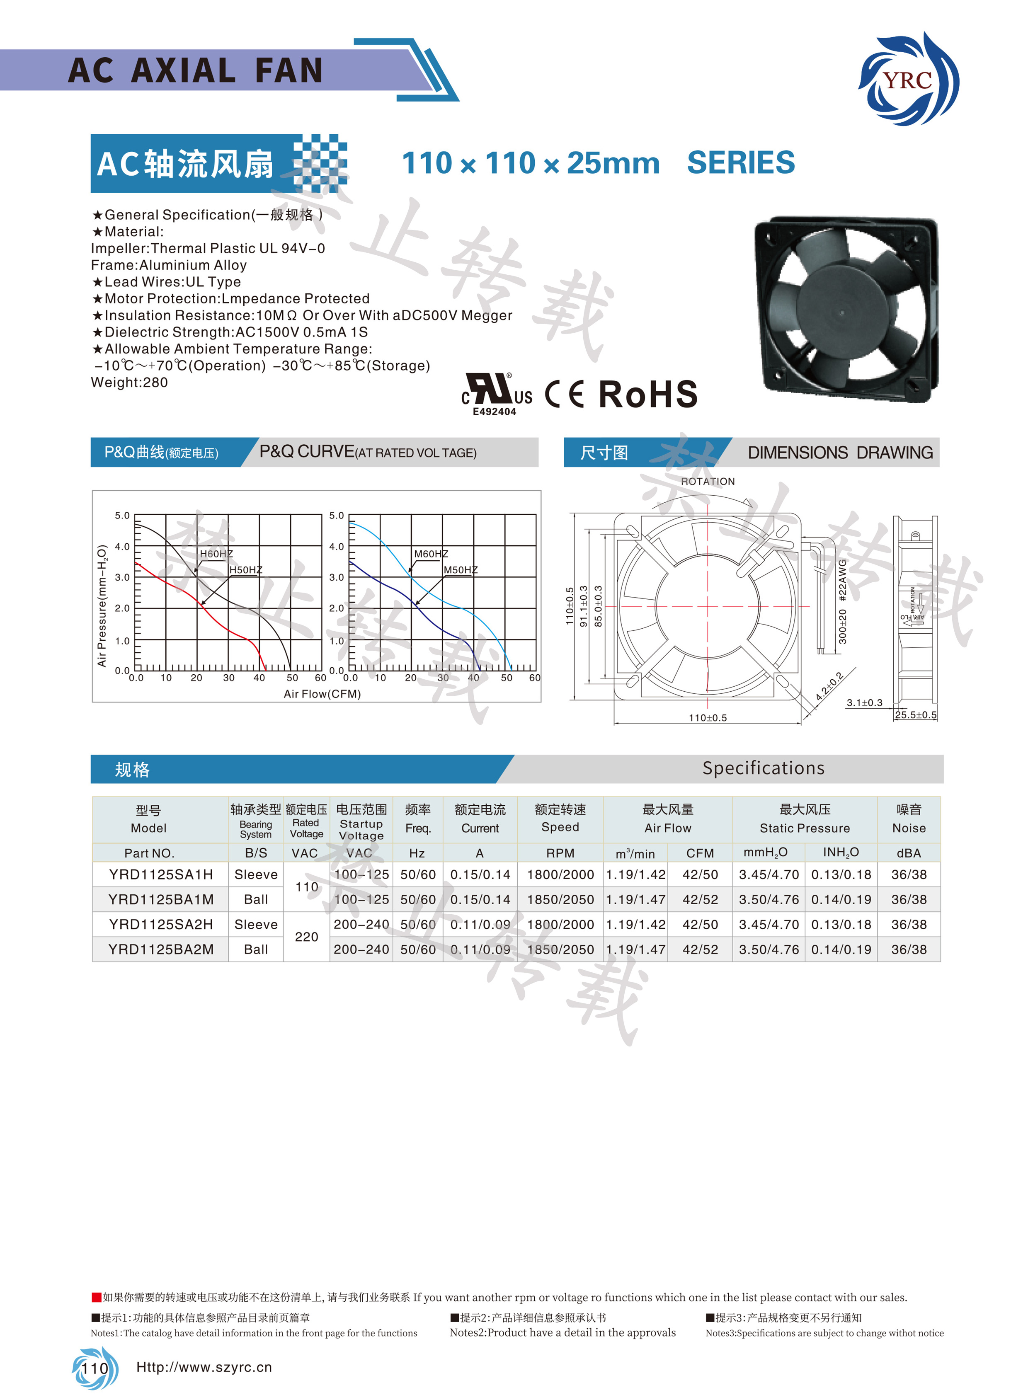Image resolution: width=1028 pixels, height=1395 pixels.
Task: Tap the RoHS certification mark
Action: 648,395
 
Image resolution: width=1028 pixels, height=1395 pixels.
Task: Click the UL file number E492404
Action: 494,412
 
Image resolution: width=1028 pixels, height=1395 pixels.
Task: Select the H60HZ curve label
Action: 216,554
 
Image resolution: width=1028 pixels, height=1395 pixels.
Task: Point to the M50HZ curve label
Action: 461,570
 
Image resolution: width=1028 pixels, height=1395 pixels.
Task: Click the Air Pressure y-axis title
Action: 102,605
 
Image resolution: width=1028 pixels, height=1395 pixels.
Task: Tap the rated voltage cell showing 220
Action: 306,937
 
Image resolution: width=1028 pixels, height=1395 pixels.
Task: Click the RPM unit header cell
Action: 560,853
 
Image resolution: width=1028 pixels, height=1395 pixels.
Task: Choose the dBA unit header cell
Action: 909,853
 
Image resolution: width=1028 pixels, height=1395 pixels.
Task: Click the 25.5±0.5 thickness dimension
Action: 915,715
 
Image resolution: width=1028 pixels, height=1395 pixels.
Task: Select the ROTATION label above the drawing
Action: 708,482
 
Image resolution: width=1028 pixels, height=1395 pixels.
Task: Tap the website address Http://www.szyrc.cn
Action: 204,1367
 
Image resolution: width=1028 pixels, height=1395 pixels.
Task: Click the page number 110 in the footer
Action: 95,1368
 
